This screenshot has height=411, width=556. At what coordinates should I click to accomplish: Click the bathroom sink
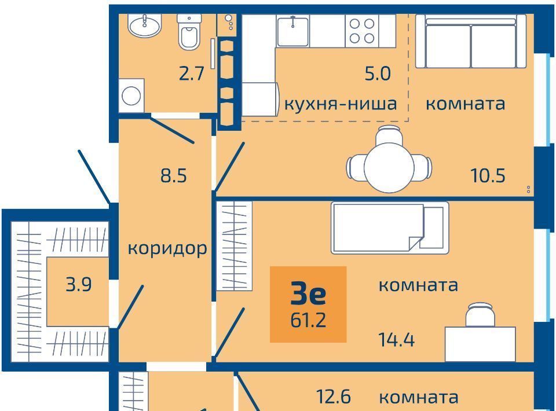(145, 25)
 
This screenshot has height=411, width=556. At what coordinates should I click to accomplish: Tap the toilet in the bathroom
(189, 32)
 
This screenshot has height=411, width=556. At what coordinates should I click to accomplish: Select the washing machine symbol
(131, 96)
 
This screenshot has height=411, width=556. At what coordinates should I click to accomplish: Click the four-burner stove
(361, 31)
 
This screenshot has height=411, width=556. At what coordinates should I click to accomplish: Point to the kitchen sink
(292, 31)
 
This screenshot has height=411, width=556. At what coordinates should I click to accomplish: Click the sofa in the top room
(471, 42)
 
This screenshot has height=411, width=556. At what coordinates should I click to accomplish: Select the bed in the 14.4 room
(390, 228)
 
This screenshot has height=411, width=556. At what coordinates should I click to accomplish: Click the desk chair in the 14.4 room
(480, 315)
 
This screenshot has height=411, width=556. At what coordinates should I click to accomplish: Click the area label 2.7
(192, 74)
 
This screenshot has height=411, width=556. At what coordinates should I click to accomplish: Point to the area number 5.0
(378, 74)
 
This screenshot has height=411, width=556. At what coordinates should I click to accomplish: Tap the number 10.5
(488, 175)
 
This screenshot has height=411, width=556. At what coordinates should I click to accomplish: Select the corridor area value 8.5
(173, 175)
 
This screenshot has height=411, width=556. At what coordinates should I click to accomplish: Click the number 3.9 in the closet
(79, 284)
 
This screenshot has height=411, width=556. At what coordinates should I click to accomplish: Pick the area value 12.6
(334, 397)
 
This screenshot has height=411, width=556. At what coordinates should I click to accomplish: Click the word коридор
(167, 249)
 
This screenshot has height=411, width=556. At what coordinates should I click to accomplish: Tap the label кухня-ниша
(341, 104)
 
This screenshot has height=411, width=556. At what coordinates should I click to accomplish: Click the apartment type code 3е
(308, 295)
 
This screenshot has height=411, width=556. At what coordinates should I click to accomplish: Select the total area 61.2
(308, 320)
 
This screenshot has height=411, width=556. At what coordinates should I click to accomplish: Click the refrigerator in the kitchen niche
(261, 99)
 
